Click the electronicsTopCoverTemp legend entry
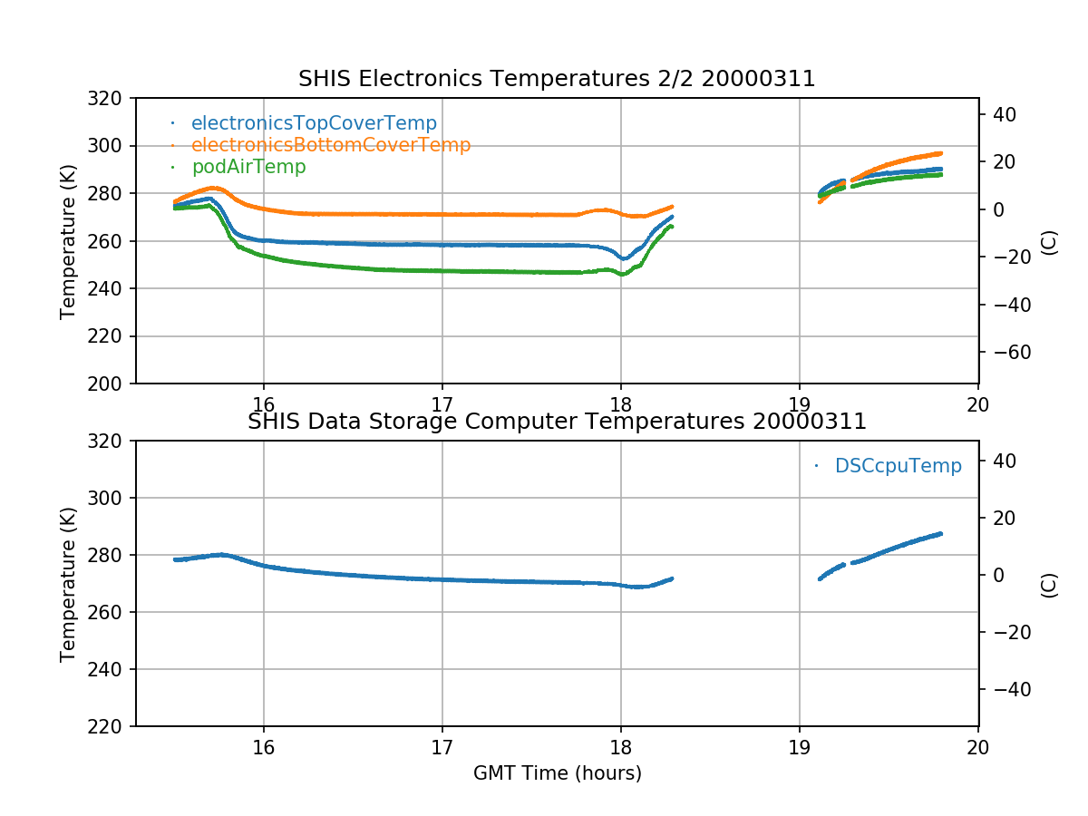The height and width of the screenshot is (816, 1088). pyautogui.click(x=314, y=123)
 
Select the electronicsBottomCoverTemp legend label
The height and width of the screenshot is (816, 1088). pyautogui.click(x=330, y=145)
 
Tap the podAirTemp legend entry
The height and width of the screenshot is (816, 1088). pyautogui.click(x=248, y=167)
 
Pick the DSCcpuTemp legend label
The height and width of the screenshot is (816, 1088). pyautogui.click(x=898, y=466)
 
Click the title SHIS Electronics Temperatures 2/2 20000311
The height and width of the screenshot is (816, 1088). pyautogui.click(x=557, y=80)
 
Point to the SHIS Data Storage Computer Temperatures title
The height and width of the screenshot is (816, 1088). pyautogui.click(x=557, y=422)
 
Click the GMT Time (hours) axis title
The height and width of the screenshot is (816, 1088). pyautogui.click(x=557, y=773)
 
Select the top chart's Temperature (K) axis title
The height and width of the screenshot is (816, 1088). pyautogui.click(x=68, y=241)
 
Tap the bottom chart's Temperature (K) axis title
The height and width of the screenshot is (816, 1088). pyautogui.click(x=68, y=584)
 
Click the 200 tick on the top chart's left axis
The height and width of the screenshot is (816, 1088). pyautogui.click(x=112, y=384)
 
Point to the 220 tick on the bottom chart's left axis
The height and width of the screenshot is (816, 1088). pyautogui.click(x=112, y=726)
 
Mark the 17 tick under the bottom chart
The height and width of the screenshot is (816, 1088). pyautogui.click(x=442, y=748)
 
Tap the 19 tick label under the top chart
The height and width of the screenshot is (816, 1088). pyautogui.click(x=800, y=405)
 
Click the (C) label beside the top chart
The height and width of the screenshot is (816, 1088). pyautogui.click(x=1050, y=241)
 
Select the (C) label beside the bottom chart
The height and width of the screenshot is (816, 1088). pyautogui.click(x=1050, y=584)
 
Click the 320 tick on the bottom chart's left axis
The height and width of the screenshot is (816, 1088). pyautogui.click(x=112, y=442)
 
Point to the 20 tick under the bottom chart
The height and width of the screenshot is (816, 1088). pyautogui.click(x=978, y=748)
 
